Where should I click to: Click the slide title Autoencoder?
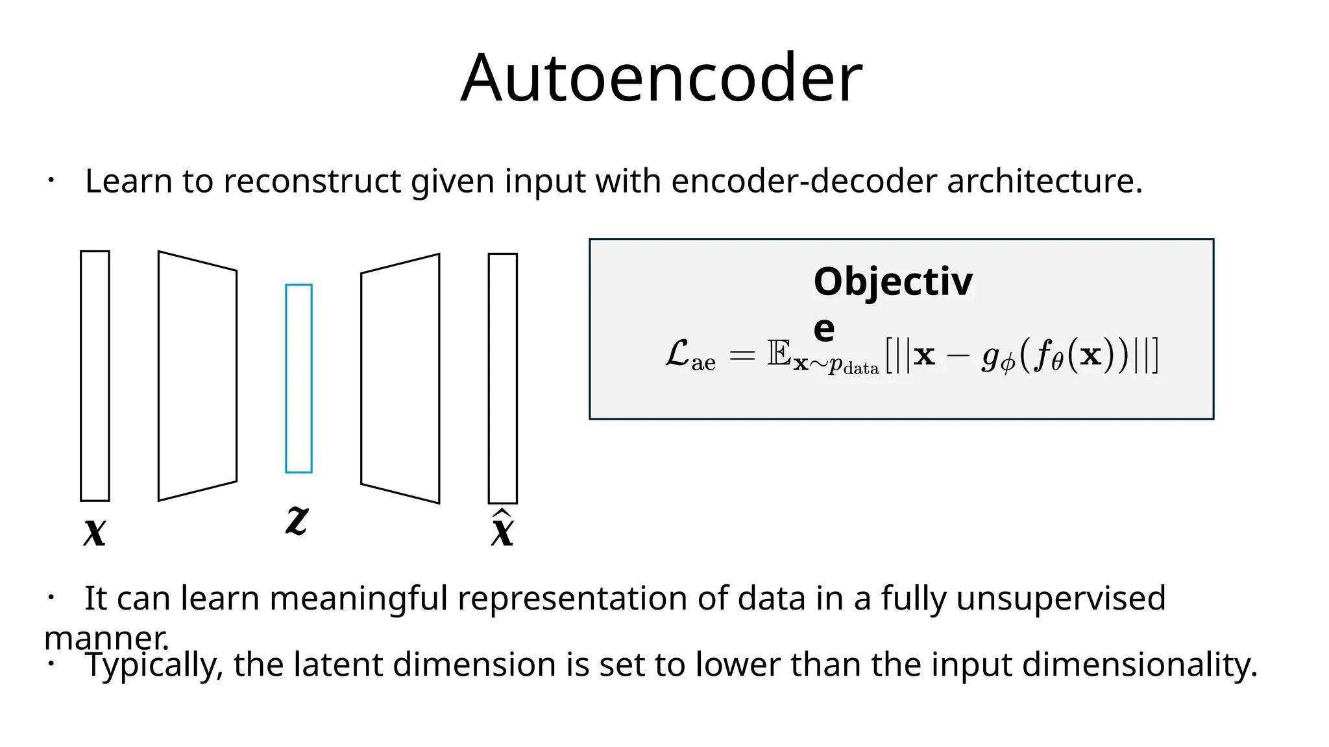661,78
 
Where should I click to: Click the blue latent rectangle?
299,379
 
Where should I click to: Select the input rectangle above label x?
95,376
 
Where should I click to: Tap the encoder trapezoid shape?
197,376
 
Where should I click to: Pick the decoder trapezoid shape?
400,379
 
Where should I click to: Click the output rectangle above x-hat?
503,379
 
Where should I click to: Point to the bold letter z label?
297,520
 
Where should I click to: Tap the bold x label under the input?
95,532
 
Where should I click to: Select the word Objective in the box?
893,283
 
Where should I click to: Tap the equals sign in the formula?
742,355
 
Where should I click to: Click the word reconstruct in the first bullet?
312,181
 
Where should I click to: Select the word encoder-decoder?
804,181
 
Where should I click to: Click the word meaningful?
358,598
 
